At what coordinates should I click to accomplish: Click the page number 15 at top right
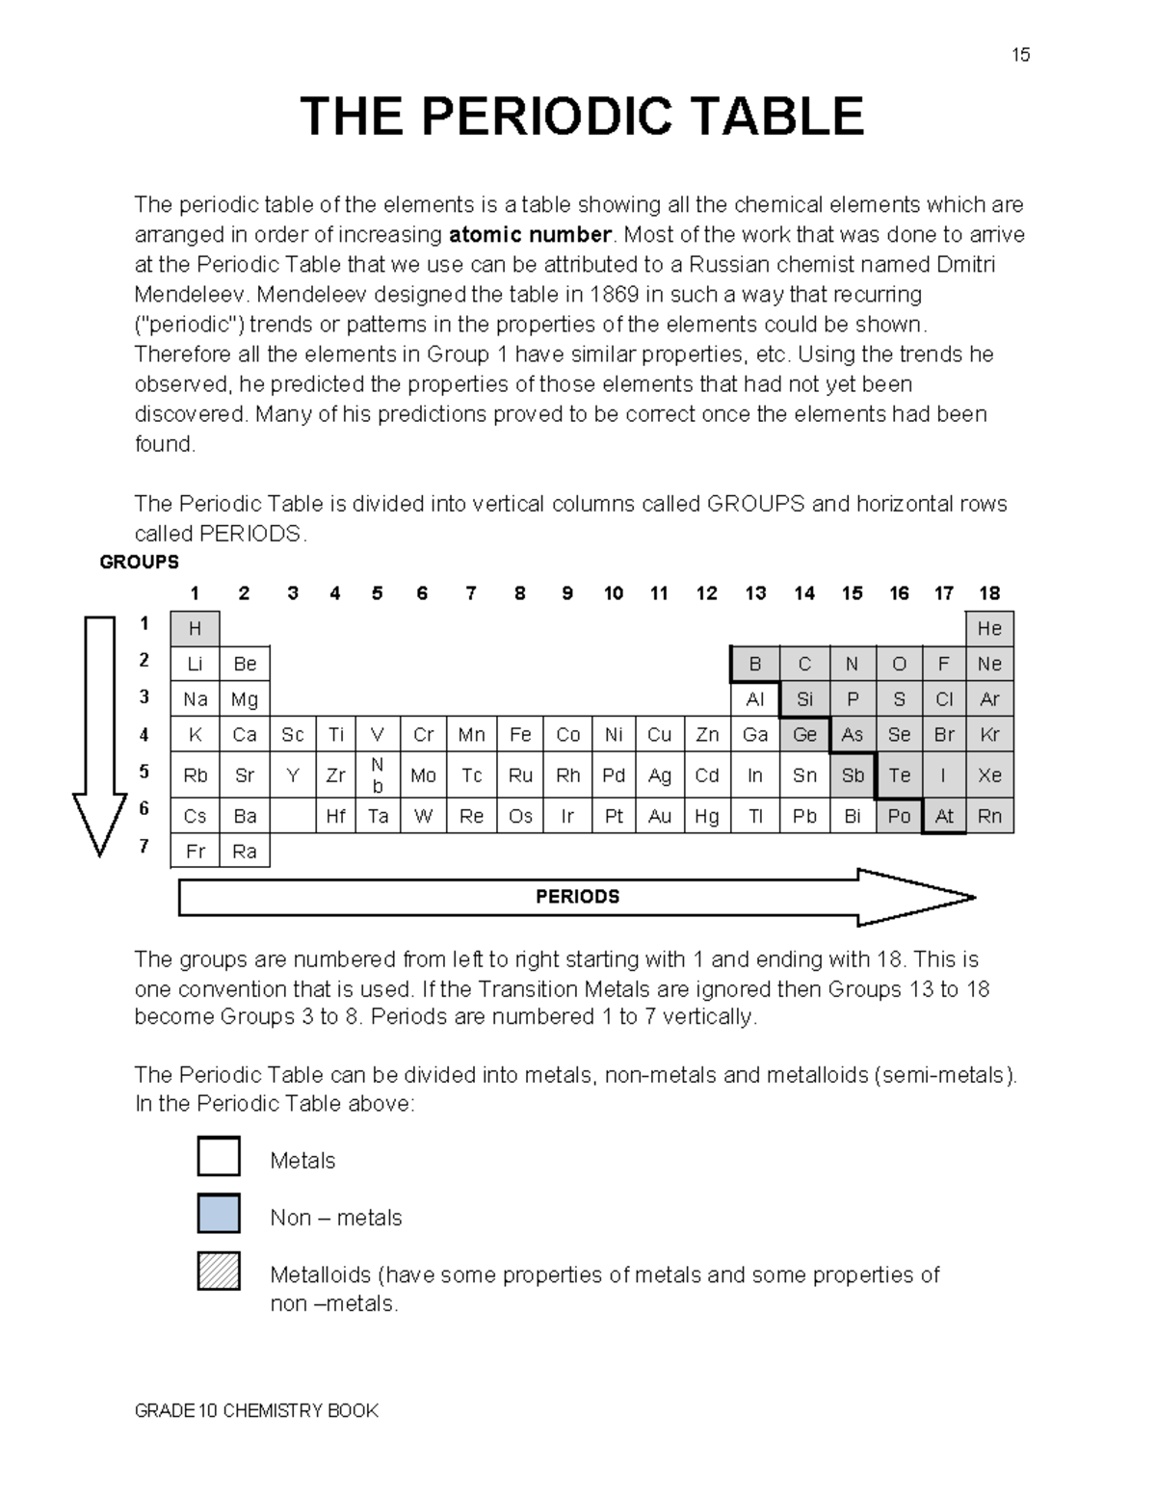pyautogui.click(x=1020, y=55)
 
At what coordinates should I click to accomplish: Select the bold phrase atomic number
pyautogui.click(x=530, y=235)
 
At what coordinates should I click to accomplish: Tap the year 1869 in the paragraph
pyautogui.click(x=613, y=295)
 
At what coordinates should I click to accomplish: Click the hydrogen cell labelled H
pyautogui.click(x=195, y=629)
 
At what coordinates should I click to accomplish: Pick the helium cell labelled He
pyautogui.click(x=989, y=629)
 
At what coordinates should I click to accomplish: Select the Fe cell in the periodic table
pyautogui.click(x=520, y=735)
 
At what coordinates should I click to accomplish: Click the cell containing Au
pyautogui.click(x=659, y=817)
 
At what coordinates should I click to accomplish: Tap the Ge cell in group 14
pyautogui.click(x=804, y=735)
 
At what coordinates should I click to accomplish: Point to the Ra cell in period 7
pyautogui.click(x=245, y=852)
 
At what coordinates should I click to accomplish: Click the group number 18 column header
pyautogui.click(x=989, y=593)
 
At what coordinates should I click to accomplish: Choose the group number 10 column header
pyautogui.click(x=614, y=593)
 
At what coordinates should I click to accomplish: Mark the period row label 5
pyautogui.click(x=144, y=772)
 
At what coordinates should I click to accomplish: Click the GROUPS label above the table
pyautogui.click(x=140, y=562)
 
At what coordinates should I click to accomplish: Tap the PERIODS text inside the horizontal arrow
pyautogui.click(x=577, y=897)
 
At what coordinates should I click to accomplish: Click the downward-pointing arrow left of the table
pyautogui.click(x=99, y=732)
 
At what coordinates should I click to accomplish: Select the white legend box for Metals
pyautogui.click(x=219, y=1156)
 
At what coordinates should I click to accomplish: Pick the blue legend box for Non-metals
pyautogui.click(x=219, y=1214)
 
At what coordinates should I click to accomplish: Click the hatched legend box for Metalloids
pyautogui.click(x=219, y=1271)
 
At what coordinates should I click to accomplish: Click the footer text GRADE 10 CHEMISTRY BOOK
pyautogui.click(x=256, y=1411)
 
